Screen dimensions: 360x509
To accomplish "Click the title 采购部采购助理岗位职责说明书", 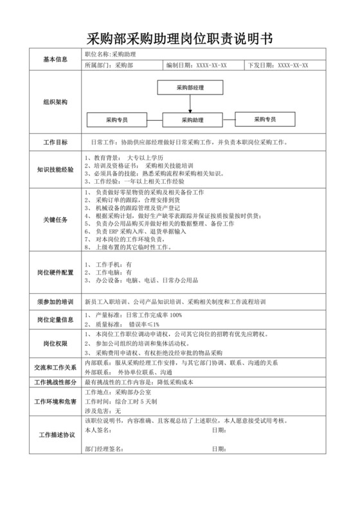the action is point(179,39).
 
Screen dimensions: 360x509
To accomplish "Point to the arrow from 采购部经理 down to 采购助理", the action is point(190,103).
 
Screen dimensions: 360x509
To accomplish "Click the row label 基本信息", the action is point(55,59).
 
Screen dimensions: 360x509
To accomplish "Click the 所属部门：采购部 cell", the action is point(106,65).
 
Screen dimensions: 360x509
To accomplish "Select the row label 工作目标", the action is point(55,142).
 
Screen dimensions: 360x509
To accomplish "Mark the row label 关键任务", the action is point(55,219).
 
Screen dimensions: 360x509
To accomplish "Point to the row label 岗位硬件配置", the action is point(55,272).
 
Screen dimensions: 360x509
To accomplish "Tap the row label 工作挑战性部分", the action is point(55,382).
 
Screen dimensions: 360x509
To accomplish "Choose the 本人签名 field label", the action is point(98,429).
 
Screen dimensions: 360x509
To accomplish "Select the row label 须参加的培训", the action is point(55,301).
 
